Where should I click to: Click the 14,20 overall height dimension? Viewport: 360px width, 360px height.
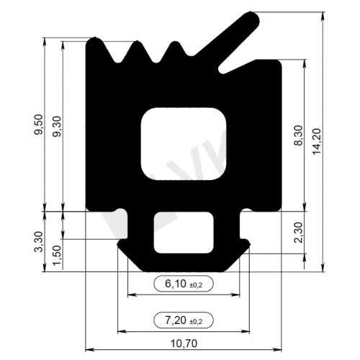coord(317,142)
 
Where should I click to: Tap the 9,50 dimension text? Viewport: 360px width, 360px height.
coord(38,125)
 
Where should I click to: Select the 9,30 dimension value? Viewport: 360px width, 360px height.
coord(58,127)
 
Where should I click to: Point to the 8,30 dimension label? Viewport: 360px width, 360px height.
coord(300,135)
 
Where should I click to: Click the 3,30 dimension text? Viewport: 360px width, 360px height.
coord(38,241)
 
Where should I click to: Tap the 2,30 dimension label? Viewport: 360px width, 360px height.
coord(300,233)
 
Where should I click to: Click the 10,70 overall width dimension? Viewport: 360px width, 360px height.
coord(184,343)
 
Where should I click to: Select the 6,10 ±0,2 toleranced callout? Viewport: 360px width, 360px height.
coord(184,284)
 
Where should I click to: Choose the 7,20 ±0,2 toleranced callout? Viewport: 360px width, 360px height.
coord(184,320)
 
